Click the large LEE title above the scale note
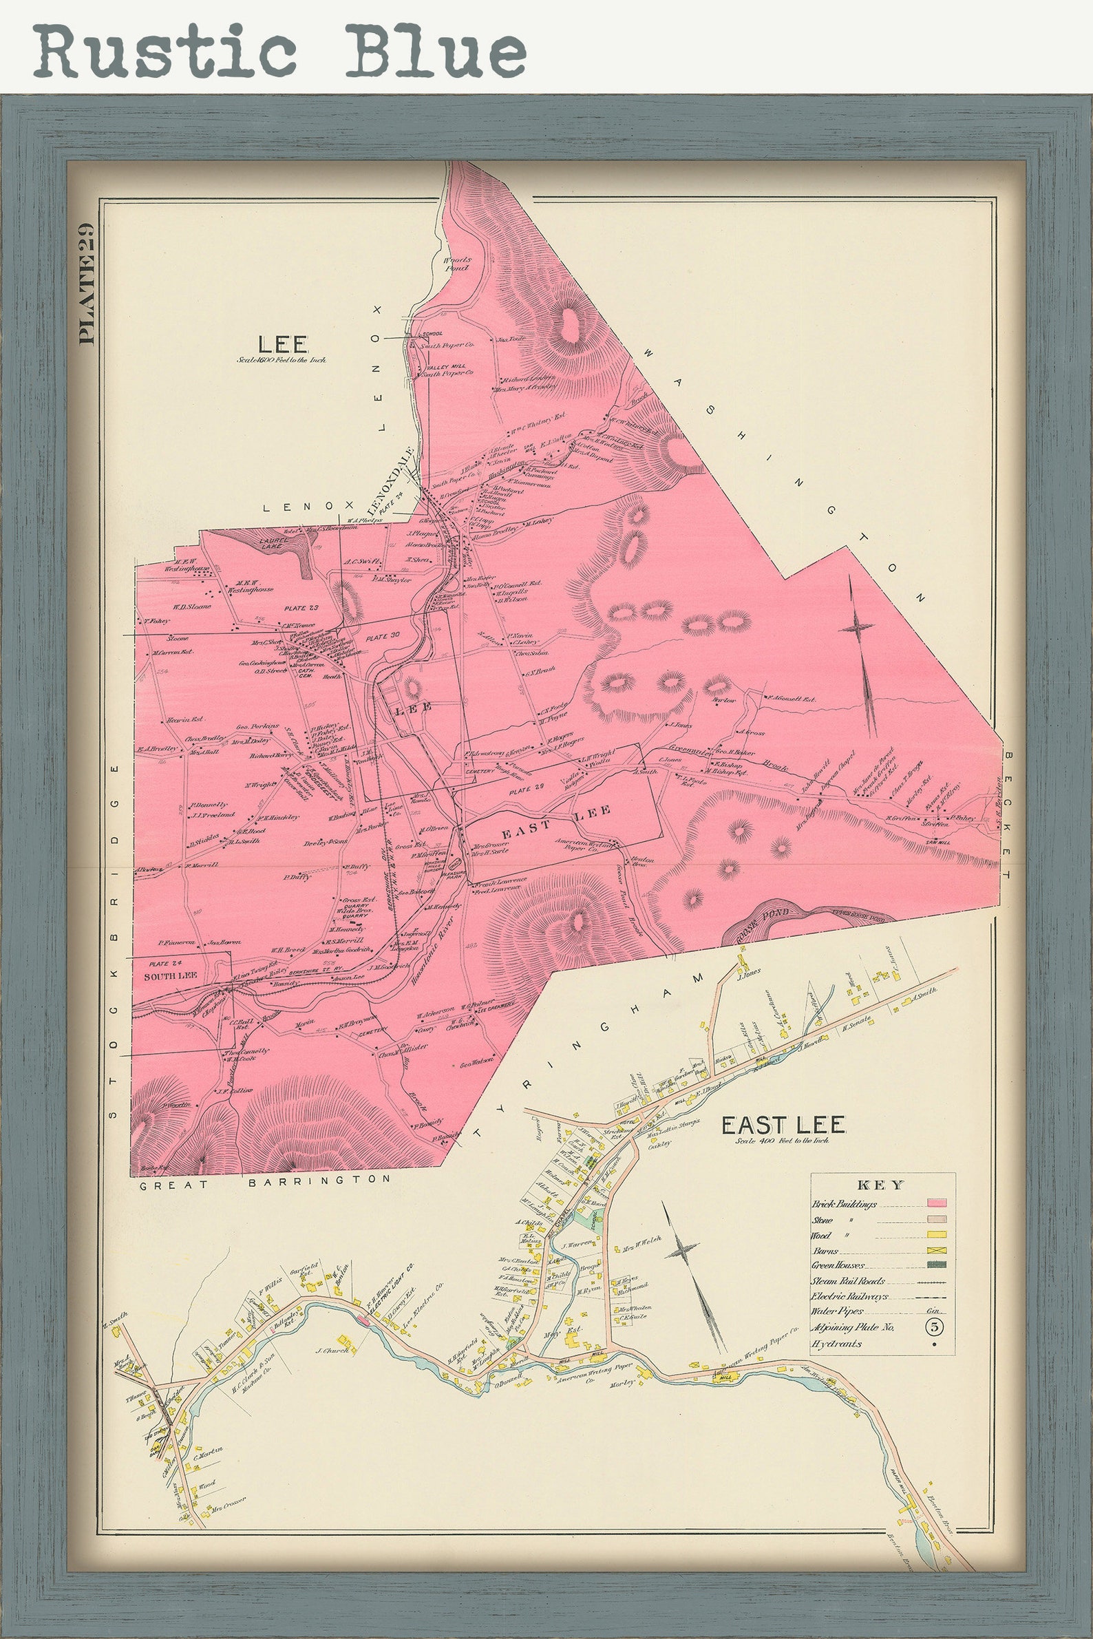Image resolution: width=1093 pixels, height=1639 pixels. click(x=274, y=343)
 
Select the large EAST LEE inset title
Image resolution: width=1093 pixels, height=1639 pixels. click(x=783, y=1125)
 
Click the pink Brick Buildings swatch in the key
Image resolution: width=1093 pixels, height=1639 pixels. click(x=935, y=1203)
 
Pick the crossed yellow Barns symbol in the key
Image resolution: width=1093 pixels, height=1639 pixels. click(x=935, y=1251)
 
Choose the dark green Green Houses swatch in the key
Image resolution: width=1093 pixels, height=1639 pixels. click(x=935, y=1266)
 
